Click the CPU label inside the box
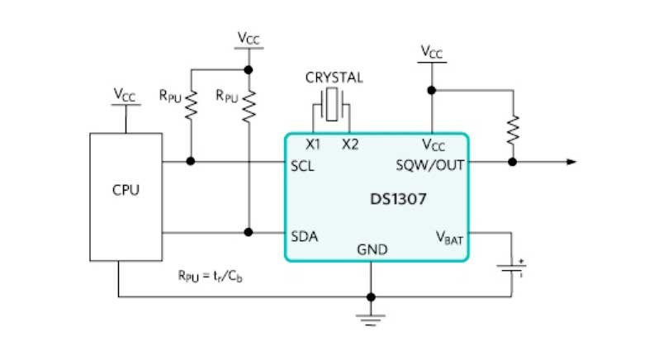coord(126,190)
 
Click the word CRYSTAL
coord(334,78)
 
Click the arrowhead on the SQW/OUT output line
coord(570,162)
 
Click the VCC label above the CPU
coord(125,94)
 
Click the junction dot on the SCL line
coord(192,162)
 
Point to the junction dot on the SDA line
coord(248,231)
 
